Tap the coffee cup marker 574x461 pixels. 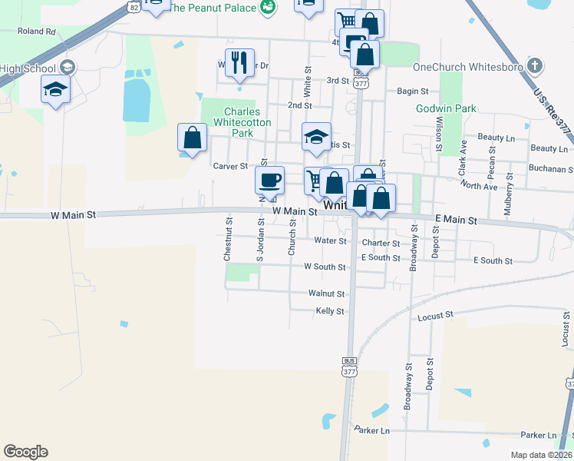(269, 181)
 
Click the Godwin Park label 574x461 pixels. (446, 109)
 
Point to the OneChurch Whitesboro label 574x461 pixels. (467, 67)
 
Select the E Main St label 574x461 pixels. (456, 221)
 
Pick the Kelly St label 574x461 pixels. (330, 311)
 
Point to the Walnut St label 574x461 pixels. (326, 294)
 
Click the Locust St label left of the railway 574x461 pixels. (436, 315)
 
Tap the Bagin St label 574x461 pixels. (412, 91)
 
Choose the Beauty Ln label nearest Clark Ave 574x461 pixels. (496, 137)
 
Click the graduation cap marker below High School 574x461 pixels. (56, 90)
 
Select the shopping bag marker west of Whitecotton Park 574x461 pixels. (192, 138)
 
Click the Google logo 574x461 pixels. (26, 451)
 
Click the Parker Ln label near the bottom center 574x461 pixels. (372, 429)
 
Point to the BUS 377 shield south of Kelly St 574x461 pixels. (349, 366)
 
